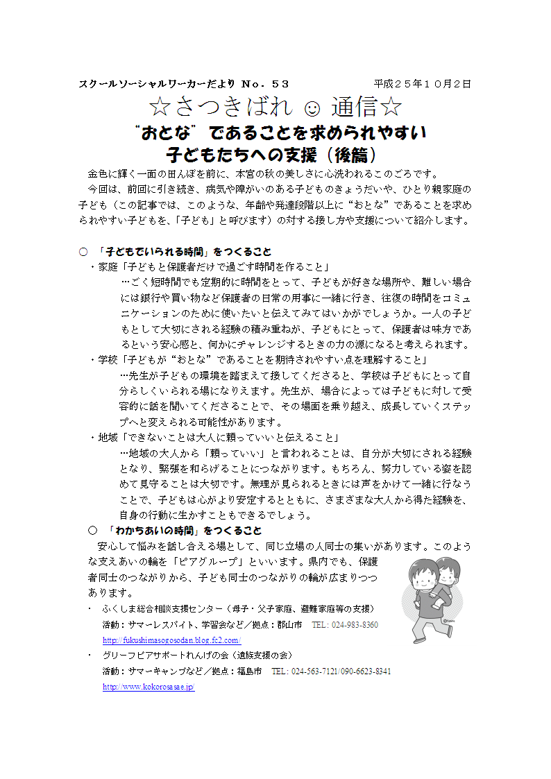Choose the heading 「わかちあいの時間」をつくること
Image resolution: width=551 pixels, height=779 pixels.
coord(183,531)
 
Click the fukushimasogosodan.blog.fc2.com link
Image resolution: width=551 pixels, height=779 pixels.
coord(171,640)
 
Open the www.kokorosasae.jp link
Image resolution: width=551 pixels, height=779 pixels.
coord(149,687)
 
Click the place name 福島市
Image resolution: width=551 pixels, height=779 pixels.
coord(249,671)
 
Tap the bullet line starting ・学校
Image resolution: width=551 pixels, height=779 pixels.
coord(260,360)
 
